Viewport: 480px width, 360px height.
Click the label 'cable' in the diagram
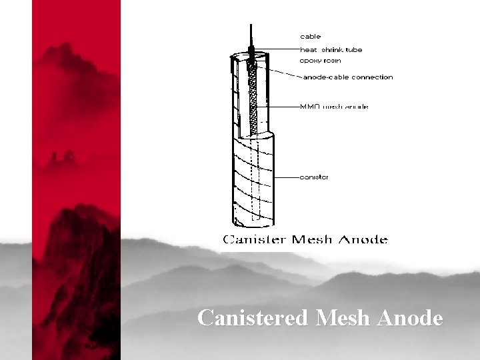(310, 36)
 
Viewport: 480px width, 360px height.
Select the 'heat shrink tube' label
(331, 49)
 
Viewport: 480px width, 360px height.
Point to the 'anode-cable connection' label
(348, 77)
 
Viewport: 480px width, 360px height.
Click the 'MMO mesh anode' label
(334, 106)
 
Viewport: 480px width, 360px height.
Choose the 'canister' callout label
(314, 177)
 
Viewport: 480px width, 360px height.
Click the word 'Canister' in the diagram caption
(256, 239)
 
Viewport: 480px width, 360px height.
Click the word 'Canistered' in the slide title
(253, 318)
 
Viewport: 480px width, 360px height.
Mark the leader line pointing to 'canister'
(285, 178)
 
